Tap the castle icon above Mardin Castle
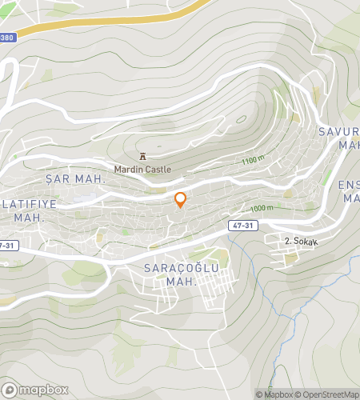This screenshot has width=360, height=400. [142, 157]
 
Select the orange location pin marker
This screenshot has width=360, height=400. [181, 199]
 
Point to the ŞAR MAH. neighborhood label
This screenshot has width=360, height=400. [75, 179]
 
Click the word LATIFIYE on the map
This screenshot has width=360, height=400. [29, 204]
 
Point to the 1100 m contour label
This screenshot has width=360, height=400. [253, 161]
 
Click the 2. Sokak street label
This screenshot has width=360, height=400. [301, 240]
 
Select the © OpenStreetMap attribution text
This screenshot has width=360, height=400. [328, 394]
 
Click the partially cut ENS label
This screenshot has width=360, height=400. [350, 186]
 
